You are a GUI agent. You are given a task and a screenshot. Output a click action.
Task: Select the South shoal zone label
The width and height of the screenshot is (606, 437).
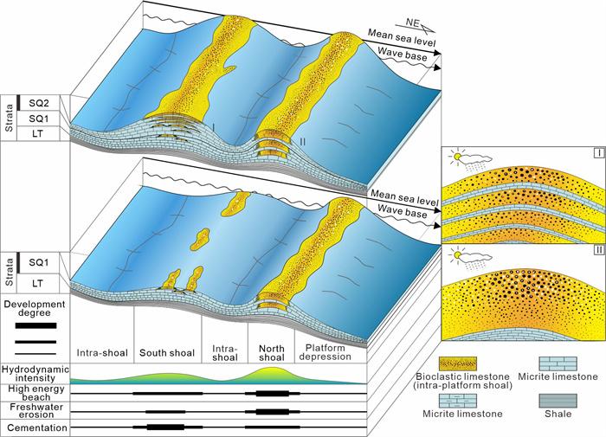167,352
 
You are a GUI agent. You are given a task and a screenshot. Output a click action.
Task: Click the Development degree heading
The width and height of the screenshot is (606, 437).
35,309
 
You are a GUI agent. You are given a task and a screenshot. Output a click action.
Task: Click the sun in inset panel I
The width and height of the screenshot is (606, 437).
453,157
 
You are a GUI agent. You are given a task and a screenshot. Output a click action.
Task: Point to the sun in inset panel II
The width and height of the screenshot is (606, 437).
453,254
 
